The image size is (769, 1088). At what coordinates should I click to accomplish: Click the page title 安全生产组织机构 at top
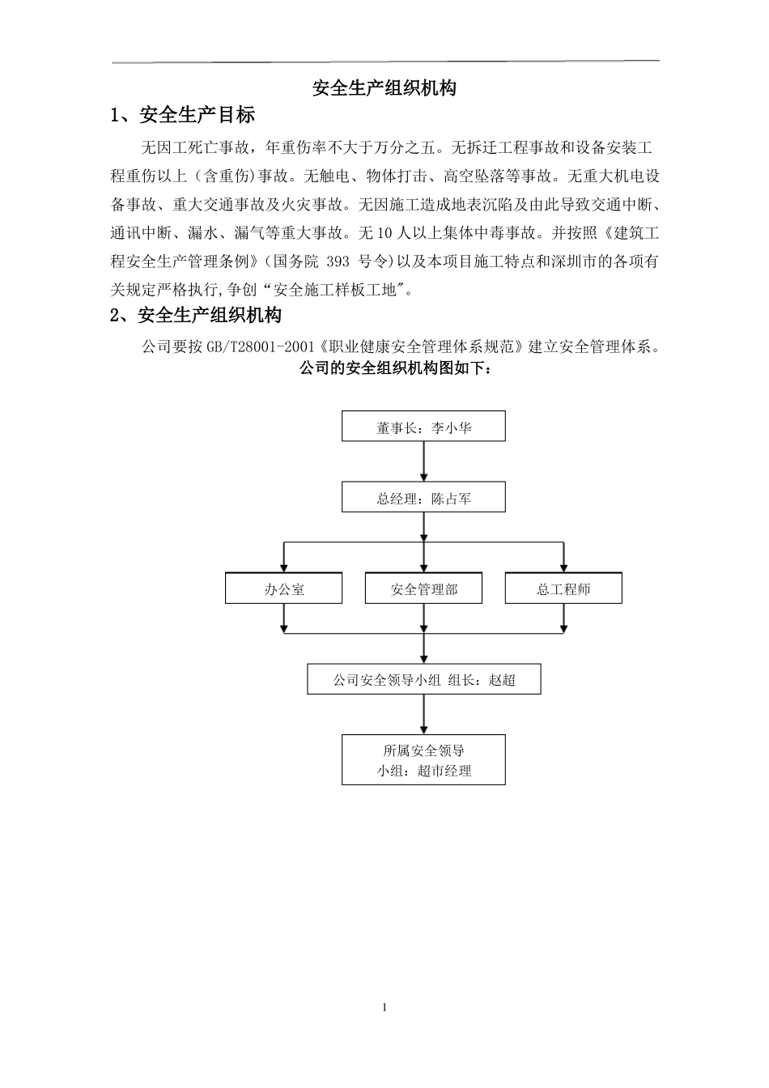(384, 88)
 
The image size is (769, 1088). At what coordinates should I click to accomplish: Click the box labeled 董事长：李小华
(423, 427)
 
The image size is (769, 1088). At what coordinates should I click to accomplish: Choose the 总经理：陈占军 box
(423, 498)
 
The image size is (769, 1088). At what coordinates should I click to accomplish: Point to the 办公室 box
(284, 589)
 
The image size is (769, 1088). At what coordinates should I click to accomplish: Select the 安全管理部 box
(423, 589)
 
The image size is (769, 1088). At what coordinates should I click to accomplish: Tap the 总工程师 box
(563, 589)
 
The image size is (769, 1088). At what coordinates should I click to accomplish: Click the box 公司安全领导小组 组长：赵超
(423, 679)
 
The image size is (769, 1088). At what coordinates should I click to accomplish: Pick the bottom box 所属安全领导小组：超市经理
(423, 760)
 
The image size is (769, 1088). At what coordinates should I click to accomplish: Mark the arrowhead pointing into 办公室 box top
(284, 567)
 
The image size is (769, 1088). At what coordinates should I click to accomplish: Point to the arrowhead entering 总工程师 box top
(563, 567)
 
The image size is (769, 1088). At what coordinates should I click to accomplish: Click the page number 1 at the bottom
(384, 1007)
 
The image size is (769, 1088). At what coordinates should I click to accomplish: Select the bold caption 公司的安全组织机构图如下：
(396, 369)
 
